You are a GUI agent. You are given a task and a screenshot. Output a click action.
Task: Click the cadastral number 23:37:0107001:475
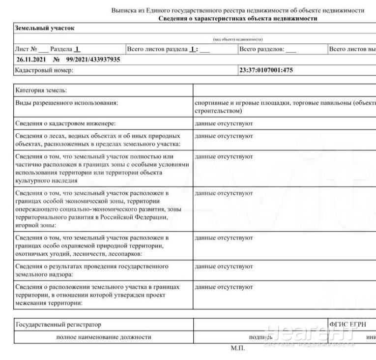point(266,70)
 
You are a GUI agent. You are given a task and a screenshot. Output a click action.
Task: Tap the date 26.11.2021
point(30,60)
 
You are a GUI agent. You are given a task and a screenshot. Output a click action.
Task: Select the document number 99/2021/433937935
point(89,60)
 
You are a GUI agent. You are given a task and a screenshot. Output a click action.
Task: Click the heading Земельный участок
point(44,28)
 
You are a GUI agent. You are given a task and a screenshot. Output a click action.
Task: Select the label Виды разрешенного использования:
point(67,103)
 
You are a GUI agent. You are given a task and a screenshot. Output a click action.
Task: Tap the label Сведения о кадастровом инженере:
point(66,123)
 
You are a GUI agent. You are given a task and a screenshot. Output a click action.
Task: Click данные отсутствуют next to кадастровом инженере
point(224,123)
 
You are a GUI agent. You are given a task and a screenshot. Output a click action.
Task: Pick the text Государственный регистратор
point(58,325)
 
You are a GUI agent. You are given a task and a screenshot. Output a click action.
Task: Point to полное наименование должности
point(104,337)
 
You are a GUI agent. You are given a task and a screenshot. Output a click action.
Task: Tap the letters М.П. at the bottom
point(237,349)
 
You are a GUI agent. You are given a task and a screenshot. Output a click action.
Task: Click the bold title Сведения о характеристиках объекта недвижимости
point(237,18)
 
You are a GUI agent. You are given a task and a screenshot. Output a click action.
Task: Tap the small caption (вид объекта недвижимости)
point(237,39)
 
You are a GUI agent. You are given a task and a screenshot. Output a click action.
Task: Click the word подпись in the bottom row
point(260,337)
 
